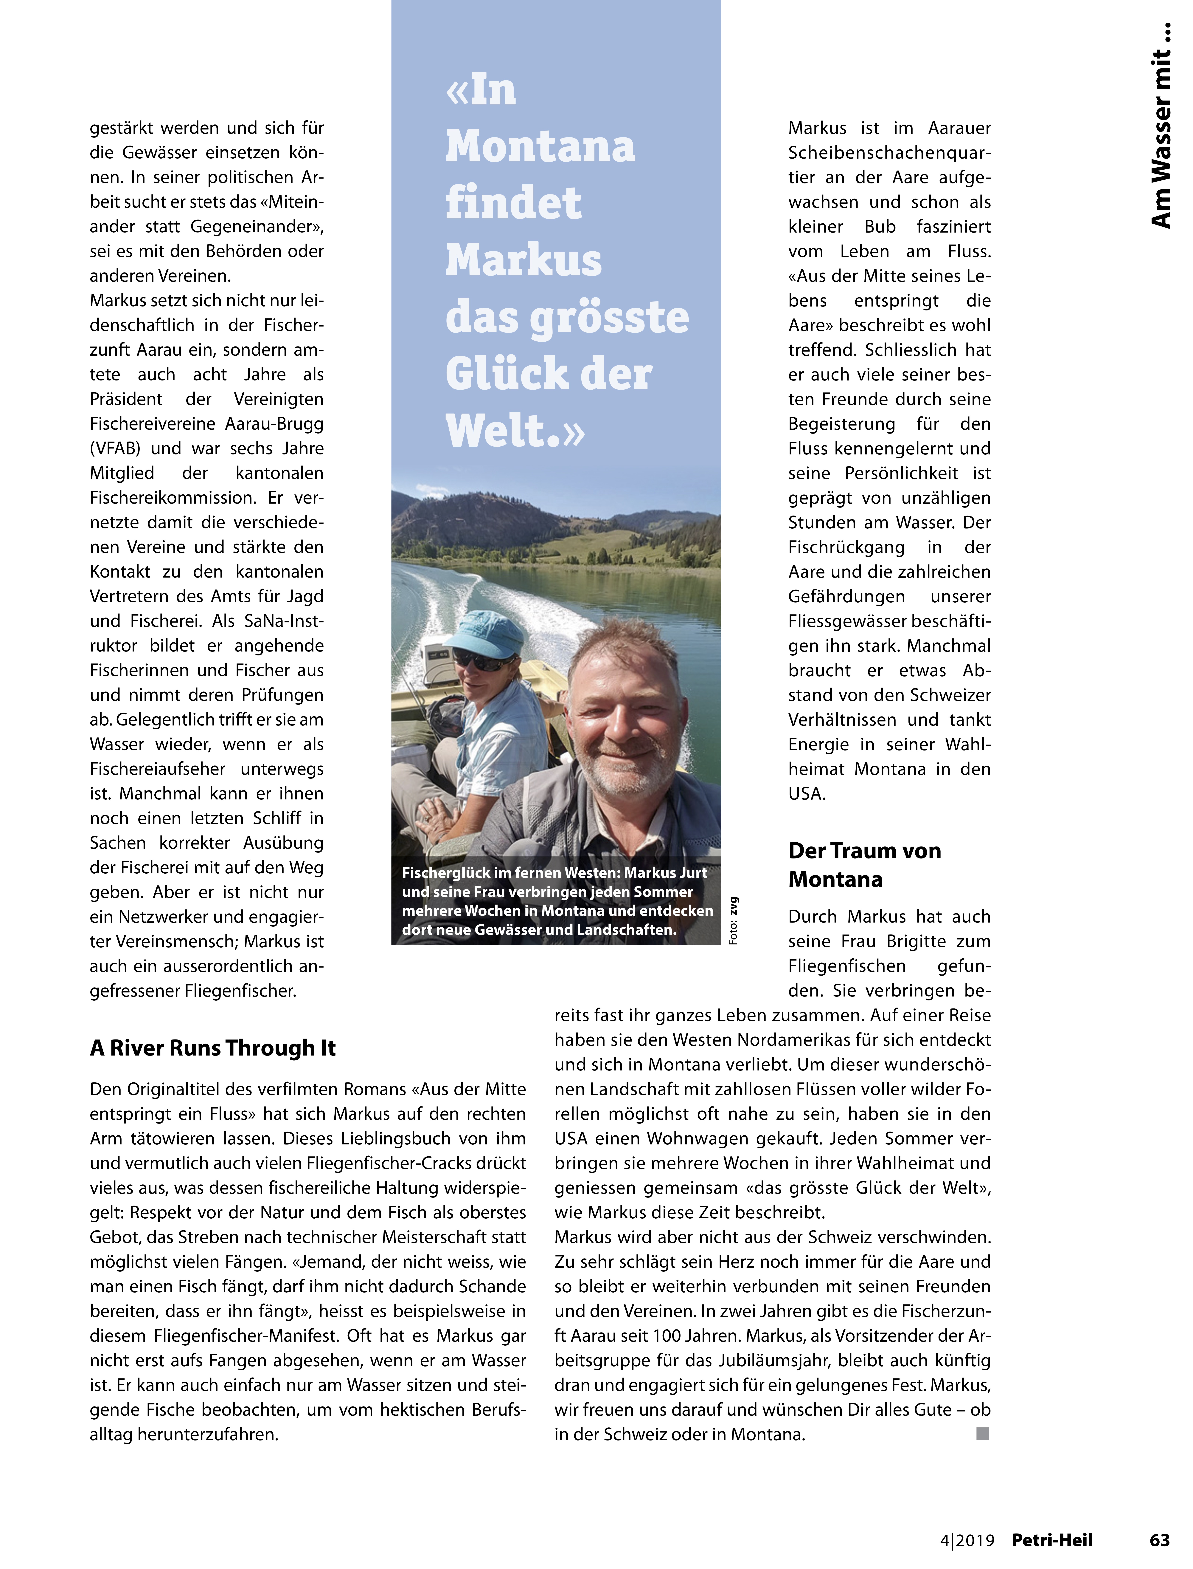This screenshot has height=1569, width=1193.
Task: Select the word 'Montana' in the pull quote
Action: [540, 147]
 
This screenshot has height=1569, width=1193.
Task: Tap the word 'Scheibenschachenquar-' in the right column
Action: [889, 153]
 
